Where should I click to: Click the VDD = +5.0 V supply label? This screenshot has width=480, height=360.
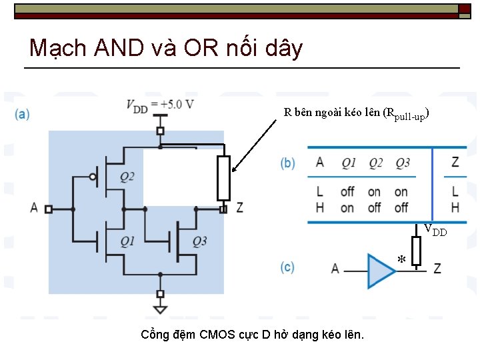(x=160, y=105)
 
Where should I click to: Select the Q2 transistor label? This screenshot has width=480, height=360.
(x=127, y=177)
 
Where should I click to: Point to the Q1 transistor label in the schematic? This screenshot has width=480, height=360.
(x=127, y=241)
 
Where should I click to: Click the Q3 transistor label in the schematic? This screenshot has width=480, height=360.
(x=199, y=241)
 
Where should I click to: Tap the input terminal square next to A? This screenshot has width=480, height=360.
(x=49, y=209)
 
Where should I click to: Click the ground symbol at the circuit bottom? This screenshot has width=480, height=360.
(x=160, y=307)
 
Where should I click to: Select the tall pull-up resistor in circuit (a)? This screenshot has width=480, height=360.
(x=223, y=178)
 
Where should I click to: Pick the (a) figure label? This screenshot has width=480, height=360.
(x=22, y=114)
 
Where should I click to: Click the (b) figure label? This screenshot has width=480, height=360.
(x=288, y=163)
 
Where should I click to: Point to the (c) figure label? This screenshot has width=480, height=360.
(x=288, y=267)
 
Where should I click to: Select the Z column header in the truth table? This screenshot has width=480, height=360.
(x=455, y=162)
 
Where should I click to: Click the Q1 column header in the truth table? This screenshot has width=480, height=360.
(x=349, y=163)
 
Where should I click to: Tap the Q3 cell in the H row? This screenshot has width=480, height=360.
(x=401, y=207)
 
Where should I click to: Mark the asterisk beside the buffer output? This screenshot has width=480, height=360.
(x=401, y=260)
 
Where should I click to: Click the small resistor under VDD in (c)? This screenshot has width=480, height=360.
(x=416, y=251)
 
